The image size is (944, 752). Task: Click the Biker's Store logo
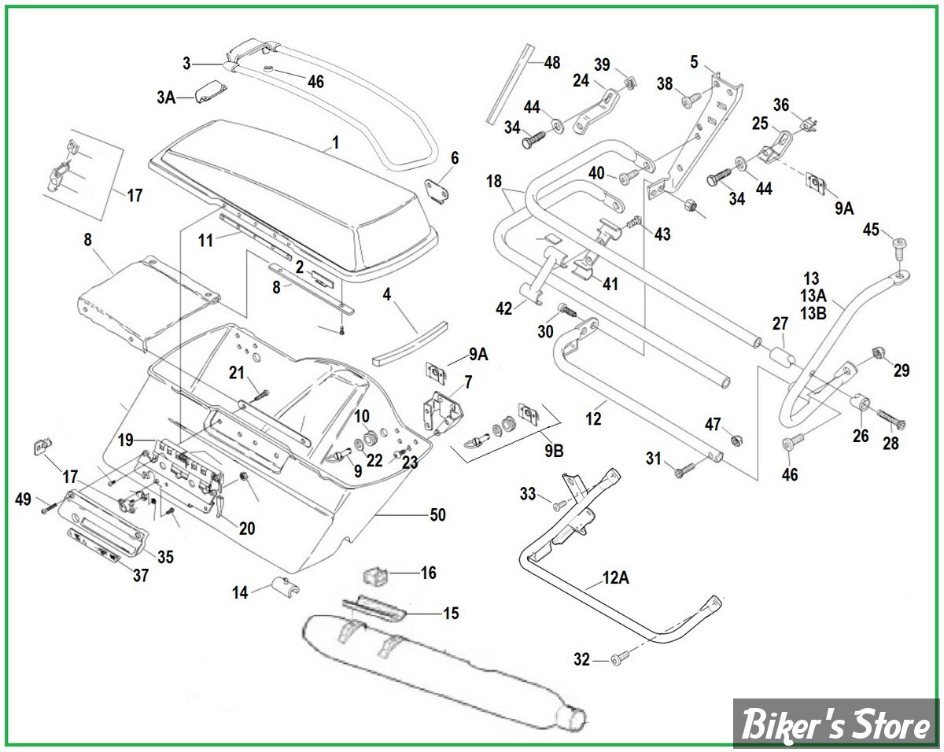835,724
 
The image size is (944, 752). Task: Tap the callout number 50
437,515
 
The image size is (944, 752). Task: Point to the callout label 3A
166,98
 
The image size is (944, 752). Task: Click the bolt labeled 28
889,419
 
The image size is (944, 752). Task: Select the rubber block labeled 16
377,576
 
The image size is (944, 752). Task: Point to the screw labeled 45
898,248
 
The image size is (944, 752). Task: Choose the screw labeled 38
691,98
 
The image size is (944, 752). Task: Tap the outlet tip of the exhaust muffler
573,717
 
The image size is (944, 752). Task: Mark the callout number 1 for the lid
335,142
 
